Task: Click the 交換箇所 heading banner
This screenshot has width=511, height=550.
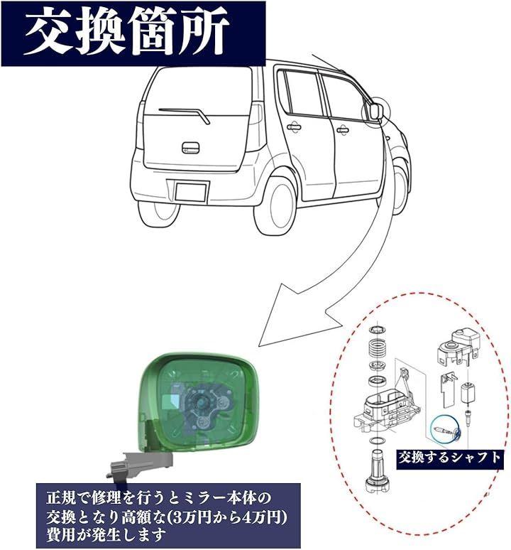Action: coord(133,33)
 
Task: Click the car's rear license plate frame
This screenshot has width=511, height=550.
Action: coord(190,193)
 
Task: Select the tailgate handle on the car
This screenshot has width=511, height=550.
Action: coord(190,148)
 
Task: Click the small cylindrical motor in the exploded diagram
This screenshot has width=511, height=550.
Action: coord(466,394)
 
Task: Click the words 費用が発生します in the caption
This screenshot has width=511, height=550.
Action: coord(106,535)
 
